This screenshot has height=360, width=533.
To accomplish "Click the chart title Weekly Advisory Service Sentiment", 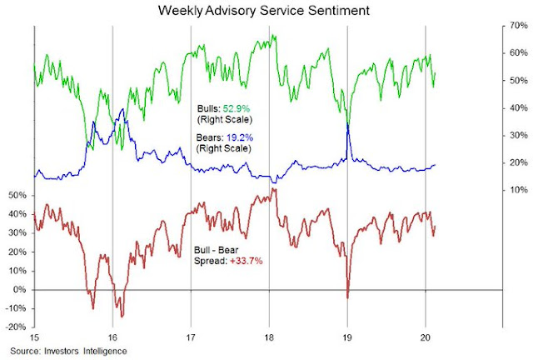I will coord(266,12).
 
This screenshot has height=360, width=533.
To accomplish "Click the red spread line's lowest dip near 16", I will coord(122,316).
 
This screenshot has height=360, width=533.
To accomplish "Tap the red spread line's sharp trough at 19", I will coord(347,297).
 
